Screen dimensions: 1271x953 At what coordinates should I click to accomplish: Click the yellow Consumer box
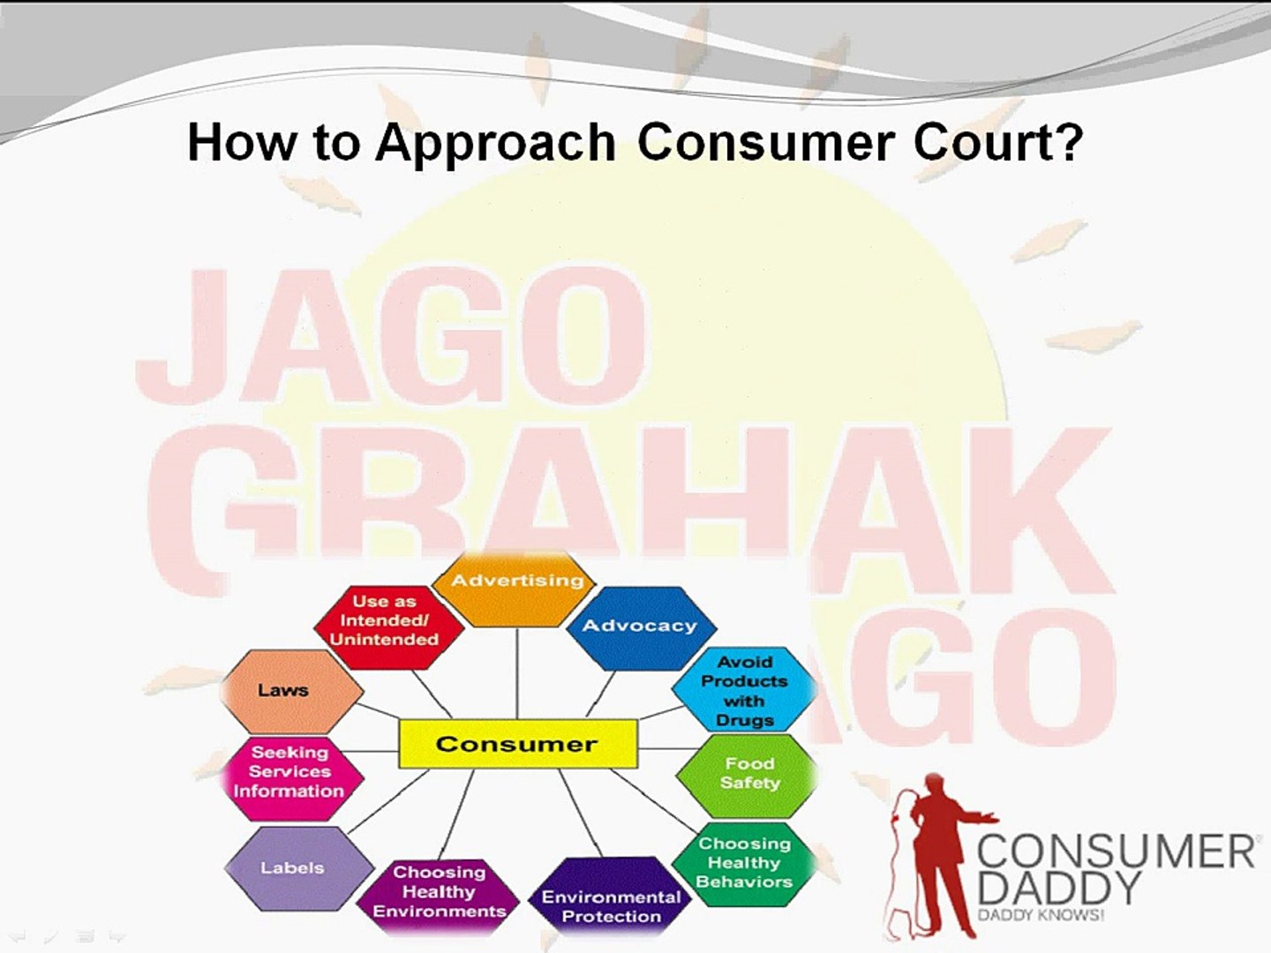518,744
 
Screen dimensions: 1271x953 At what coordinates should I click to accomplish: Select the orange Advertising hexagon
514,589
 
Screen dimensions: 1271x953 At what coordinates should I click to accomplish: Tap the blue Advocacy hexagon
641,627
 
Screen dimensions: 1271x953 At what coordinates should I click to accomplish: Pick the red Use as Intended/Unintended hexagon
388,627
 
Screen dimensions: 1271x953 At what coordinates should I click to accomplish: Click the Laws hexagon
292,692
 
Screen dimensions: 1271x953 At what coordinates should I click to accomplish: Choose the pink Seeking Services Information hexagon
292,778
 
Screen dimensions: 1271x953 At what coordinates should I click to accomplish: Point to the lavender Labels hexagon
298,868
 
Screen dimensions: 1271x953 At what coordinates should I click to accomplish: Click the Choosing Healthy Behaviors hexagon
745,863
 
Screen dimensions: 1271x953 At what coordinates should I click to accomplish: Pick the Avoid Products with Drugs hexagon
745,690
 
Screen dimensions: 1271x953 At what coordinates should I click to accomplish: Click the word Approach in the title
496,144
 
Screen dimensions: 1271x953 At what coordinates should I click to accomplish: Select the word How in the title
241,141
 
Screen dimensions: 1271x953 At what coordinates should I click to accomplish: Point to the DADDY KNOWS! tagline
1041,915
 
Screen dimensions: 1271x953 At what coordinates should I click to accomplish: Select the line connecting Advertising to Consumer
517,673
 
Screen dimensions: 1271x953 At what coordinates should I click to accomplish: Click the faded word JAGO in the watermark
391,335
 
